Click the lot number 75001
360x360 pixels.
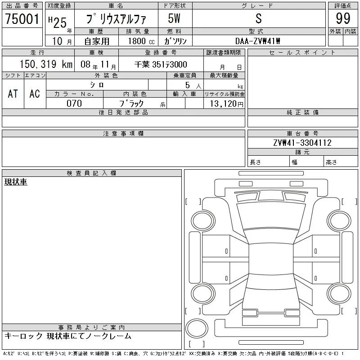[22, 18]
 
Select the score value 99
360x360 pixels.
[343, 18]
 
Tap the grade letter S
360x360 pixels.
[258, 18]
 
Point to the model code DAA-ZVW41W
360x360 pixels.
[257, 41]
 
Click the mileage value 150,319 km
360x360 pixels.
[46, 64]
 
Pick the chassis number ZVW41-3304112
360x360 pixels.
[302, 143]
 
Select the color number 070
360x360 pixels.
[74, 103]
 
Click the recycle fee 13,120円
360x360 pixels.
[226, 104]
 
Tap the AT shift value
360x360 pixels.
[13, 94]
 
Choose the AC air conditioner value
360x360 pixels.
[35, 94]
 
